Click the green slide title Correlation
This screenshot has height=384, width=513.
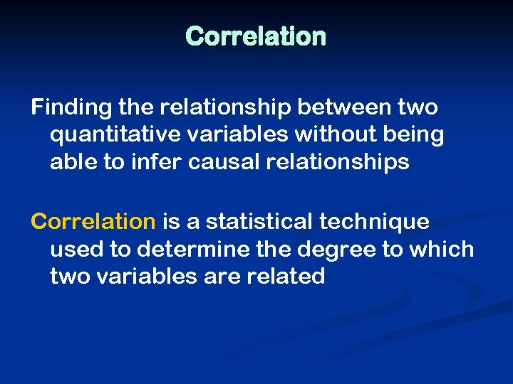click(x=256, y=36)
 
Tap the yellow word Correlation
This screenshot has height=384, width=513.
click(x=93, y=222)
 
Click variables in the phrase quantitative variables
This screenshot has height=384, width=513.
click(x=219, y=134)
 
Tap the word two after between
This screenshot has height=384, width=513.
click(x=419, y=107)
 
